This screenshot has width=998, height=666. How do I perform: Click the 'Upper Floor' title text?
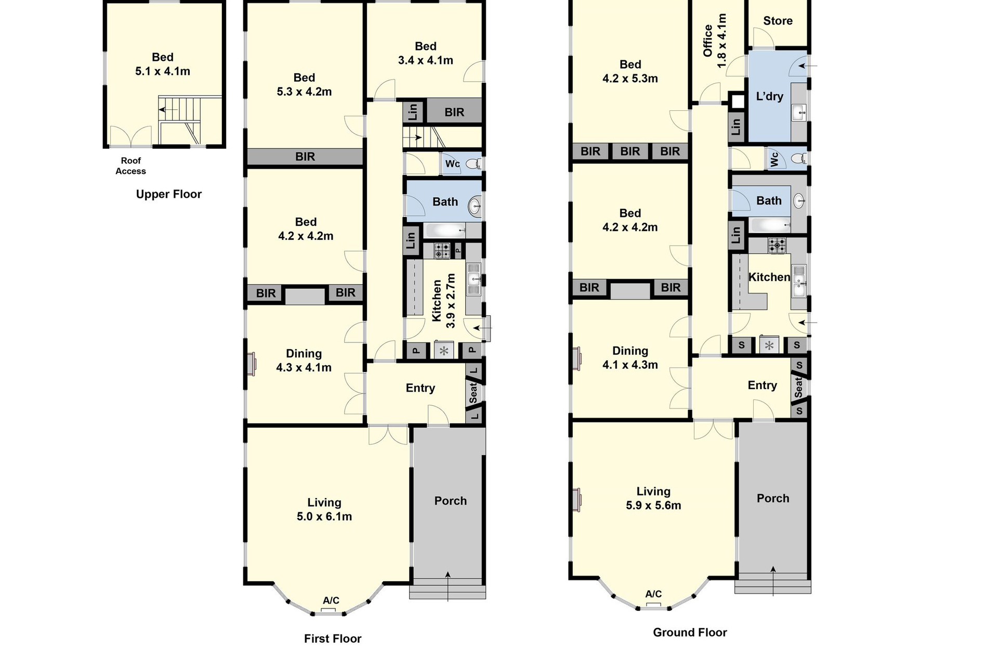(x=168, y=195)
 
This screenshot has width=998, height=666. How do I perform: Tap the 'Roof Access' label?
(x=130, y=166)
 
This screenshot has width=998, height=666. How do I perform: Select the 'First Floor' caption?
(x=333, y=639)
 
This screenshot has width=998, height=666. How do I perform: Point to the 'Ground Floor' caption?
(x=690, y=633)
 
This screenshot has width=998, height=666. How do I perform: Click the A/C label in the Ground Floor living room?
(x=653, y=594)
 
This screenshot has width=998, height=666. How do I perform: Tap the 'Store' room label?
(x=778, y=21)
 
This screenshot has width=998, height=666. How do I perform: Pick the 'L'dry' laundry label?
(x=769, y=96)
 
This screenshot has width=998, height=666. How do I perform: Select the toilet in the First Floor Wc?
(x=474, y=164)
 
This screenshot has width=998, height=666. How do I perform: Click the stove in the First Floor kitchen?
(x=442, y=251)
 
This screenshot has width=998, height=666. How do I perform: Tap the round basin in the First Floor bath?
(x=475, y=207)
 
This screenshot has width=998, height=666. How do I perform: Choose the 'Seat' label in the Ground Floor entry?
(x=799, y=387)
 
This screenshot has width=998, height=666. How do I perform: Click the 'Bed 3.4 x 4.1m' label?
(x=426, y=54)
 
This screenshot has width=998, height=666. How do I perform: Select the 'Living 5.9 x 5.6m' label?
(x=653, y=498)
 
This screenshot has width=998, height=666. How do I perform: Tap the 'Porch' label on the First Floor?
(x=451, y=501)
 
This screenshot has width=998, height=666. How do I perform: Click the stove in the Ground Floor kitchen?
(x=777, y=245)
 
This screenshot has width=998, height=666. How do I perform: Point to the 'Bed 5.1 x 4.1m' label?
(x=163, y=65)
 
